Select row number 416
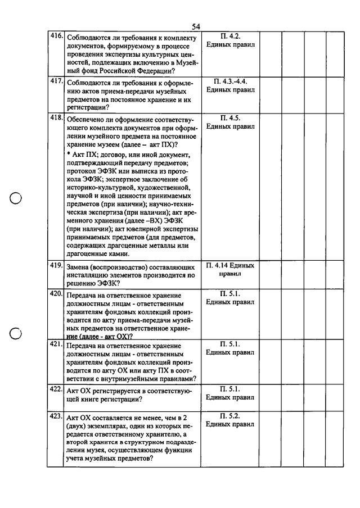[x=56, y=35]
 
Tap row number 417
[x=56, y=81]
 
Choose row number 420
[x=56, y=293]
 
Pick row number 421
[x=56, y=343]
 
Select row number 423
[x=56, y=416]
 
